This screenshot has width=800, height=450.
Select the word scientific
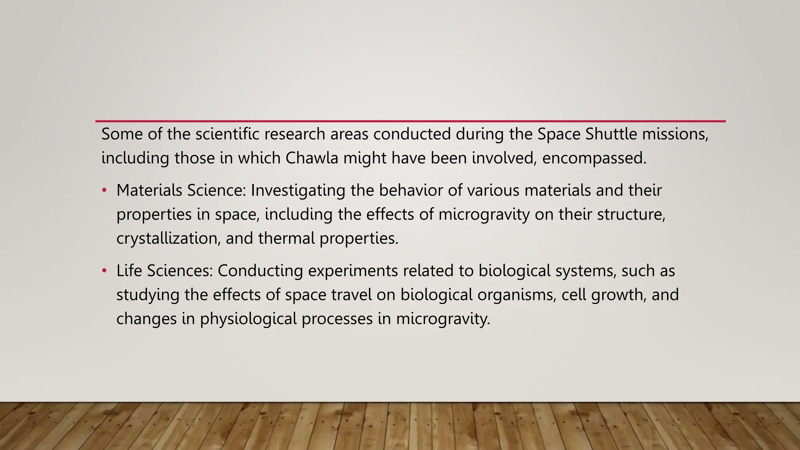click(x=227, y=134)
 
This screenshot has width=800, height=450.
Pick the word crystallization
click(x=168, y=238)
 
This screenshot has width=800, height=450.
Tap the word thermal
click(x=286, y=238)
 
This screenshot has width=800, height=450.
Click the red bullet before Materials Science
click(x=104, y=191)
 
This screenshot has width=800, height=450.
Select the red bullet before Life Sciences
click(x=104, y=271)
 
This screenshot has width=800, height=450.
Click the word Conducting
click(x=260, y=271)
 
